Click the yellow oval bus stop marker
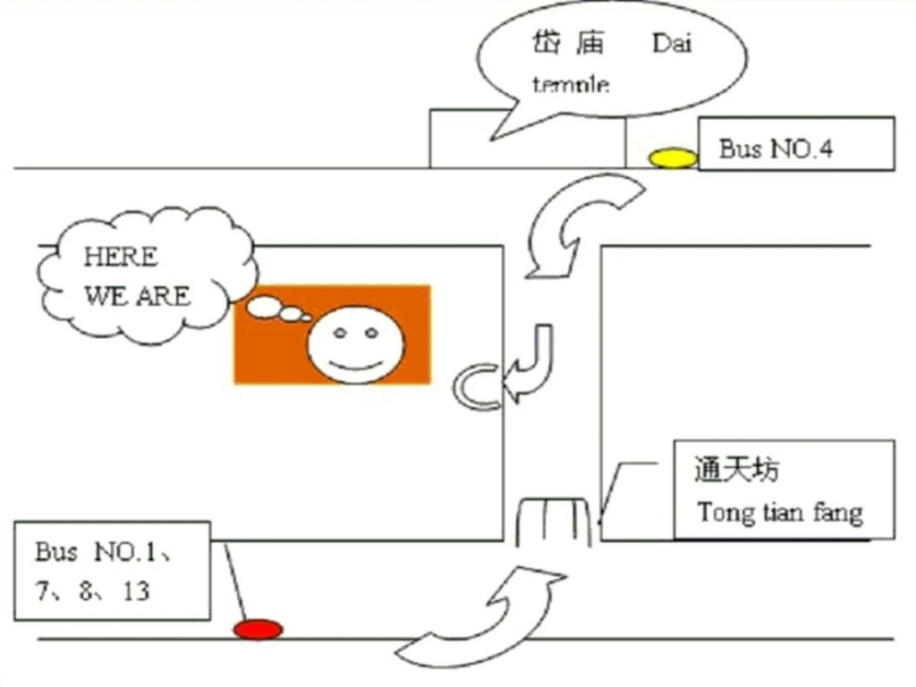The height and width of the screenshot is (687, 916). [x=673, y=158]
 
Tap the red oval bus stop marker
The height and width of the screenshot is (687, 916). [x=259, y=630]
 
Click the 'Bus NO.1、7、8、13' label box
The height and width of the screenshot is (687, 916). [x=112, y=571]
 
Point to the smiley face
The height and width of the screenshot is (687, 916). [x=355, y=344]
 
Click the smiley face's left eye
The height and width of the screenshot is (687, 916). [x=340, y=333]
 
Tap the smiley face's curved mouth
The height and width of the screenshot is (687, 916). [x=355, y=365]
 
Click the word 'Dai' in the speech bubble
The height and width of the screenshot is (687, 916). [x=672, y=43]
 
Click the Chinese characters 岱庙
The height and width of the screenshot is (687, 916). [x=567, y=43]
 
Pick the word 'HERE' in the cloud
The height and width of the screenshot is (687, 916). [x=121, y=257]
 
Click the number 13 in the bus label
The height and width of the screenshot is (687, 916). [x=137, y=591]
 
